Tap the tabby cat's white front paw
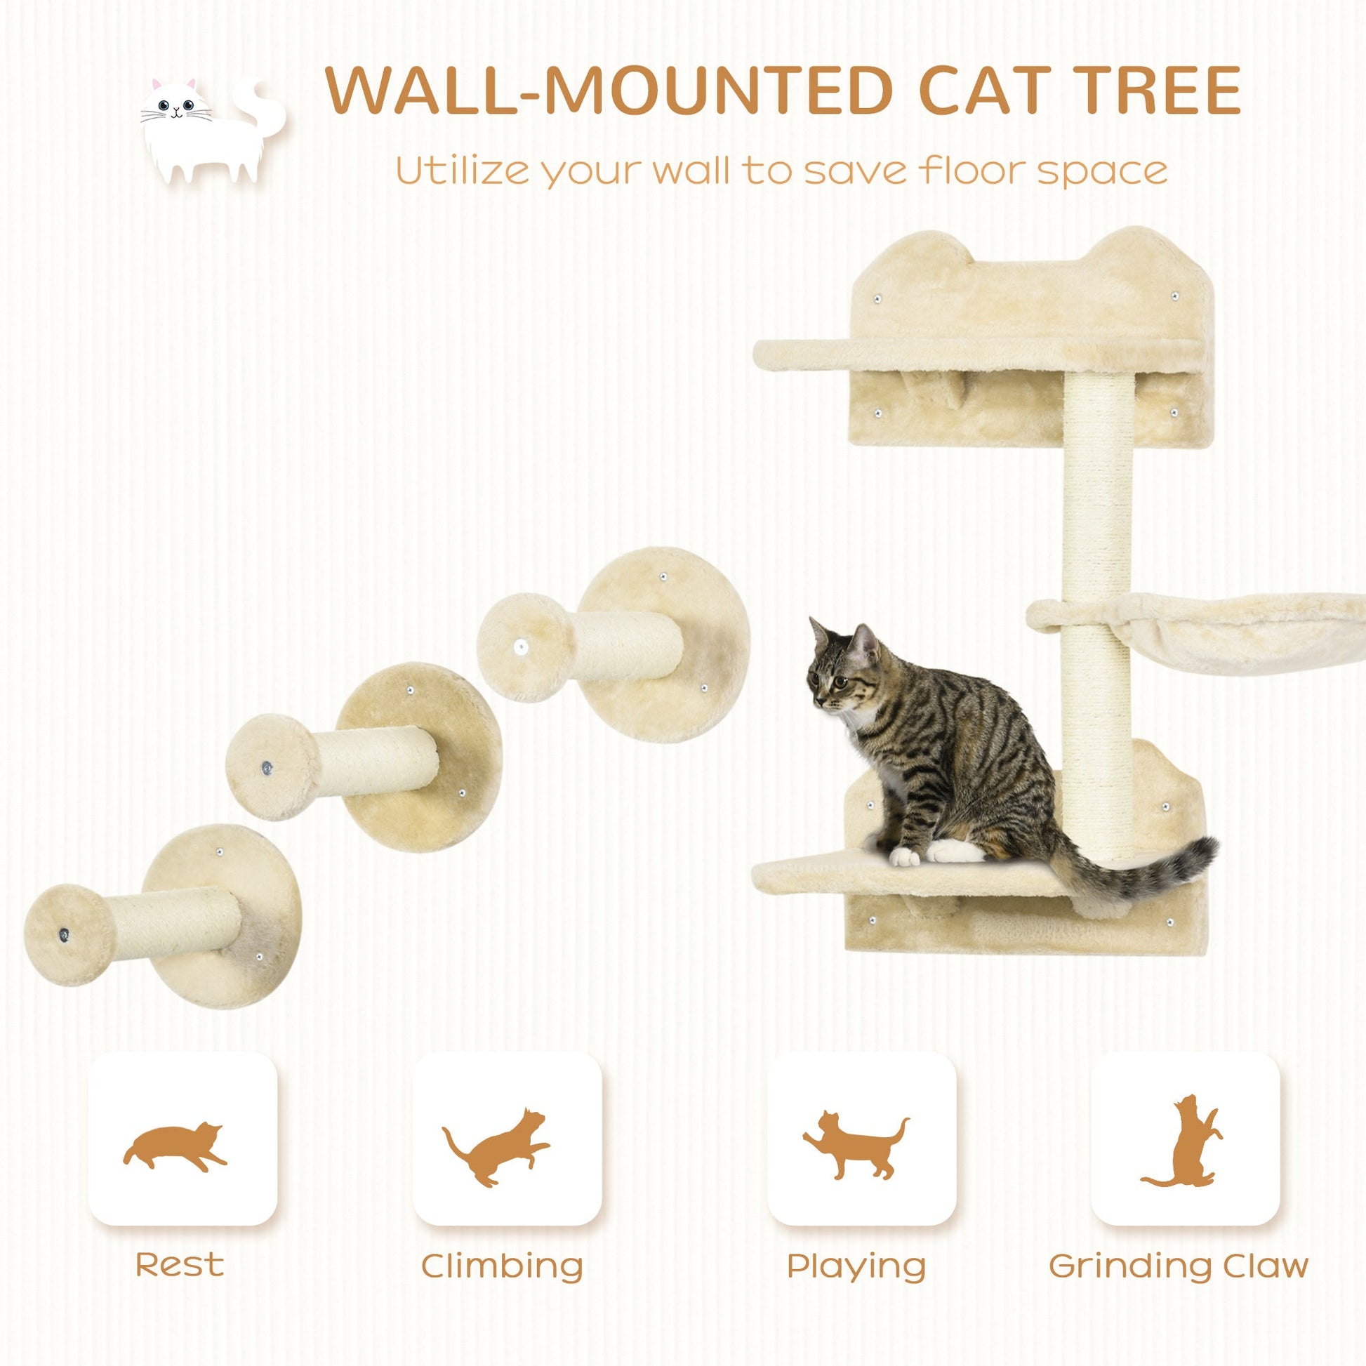pyautogui.click(x=903, y=858)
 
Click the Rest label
pyautogui.click(x=180, y=1264)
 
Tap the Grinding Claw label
pyautogui.click(x=1179, y=1266)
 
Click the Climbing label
pyautogui.click(x=502, y=1266)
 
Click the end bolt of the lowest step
pyautogui.click(x=65, y=935)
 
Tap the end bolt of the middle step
pyautogui.click(x=267, y=766)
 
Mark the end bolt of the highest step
pyautogui.click(x=520, y=646)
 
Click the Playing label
pyautogui.click(x=856, y=1266)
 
